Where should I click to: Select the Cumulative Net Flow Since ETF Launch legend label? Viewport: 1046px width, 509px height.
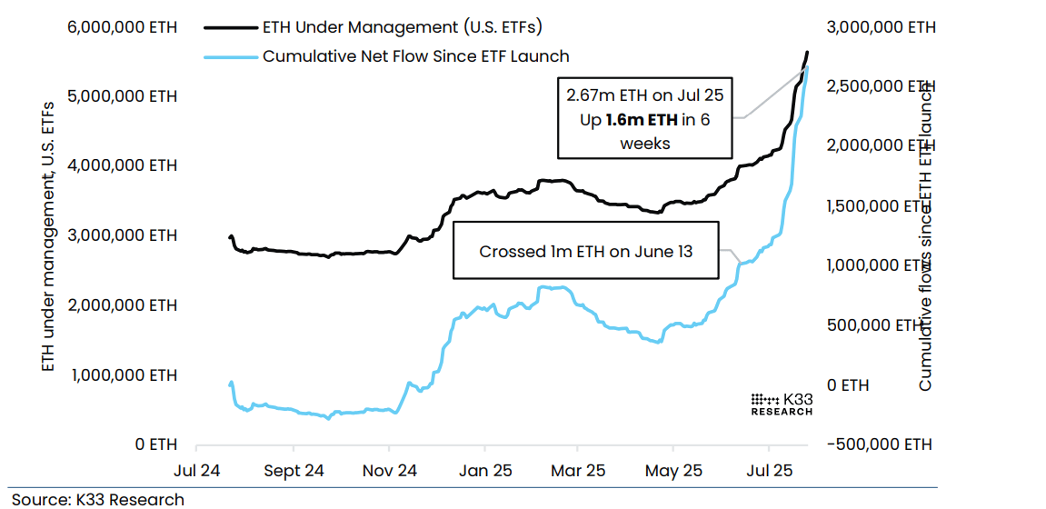point(415,56)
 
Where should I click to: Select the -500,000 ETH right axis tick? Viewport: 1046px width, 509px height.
point(880,444)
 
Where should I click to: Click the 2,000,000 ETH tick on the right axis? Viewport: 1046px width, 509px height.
point(880,145)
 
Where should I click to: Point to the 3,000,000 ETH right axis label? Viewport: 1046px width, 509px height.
point(880,27)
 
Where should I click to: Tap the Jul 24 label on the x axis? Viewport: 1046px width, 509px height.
point(196,471)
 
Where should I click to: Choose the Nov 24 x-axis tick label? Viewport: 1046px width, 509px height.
point(388,471)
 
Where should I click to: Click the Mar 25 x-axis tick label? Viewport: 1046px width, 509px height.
point(578,471)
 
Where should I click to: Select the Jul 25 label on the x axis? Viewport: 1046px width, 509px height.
point(769,471)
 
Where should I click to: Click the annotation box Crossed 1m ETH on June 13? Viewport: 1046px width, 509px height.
point(585,250)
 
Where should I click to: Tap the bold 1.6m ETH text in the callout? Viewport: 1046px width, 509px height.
point(643,119)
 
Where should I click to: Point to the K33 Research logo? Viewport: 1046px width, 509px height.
point(782,404)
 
